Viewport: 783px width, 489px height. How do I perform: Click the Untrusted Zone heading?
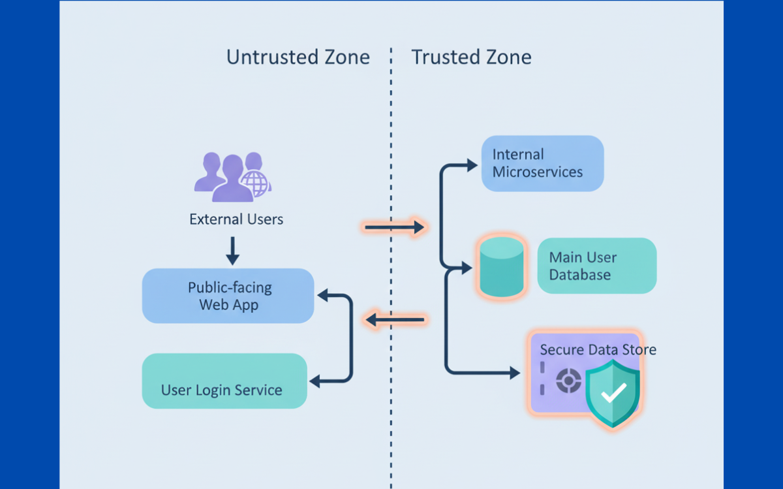point(298,57)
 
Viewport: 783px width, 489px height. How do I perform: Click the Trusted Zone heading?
point(471,57)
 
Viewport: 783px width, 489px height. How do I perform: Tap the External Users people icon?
point(228,176)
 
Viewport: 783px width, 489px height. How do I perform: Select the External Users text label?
point(236,219)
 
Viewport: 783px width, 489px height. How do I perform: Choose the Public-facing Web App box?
point(228,296)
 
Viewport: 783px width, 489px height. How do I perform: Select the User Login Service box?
point(224,381)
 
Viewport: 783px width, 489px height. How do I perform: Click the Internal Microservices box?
point(542,163)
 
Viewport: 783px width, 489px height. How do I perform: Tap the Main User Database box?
point(596,266)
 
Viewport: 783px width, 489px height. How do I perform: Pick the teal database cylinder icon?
point(501,266)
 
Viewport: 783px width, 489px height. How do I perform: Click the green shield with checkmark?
point(613,394)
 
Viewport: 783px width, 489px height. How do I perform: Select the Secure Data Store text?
point(598,350)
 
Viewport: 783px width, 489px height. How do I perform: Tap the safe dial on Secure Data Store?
point(568,381)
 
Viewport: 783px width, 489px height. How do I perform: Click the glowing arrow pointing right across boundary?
point(394,227)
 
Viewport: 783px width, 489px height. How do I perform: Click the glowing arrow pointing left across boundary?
point(394,320)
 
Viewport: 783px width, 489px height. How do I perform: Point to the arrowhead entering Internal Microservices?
point(472,165)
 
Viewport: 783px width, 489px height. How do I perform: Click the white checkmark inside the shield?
point(613,394)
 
